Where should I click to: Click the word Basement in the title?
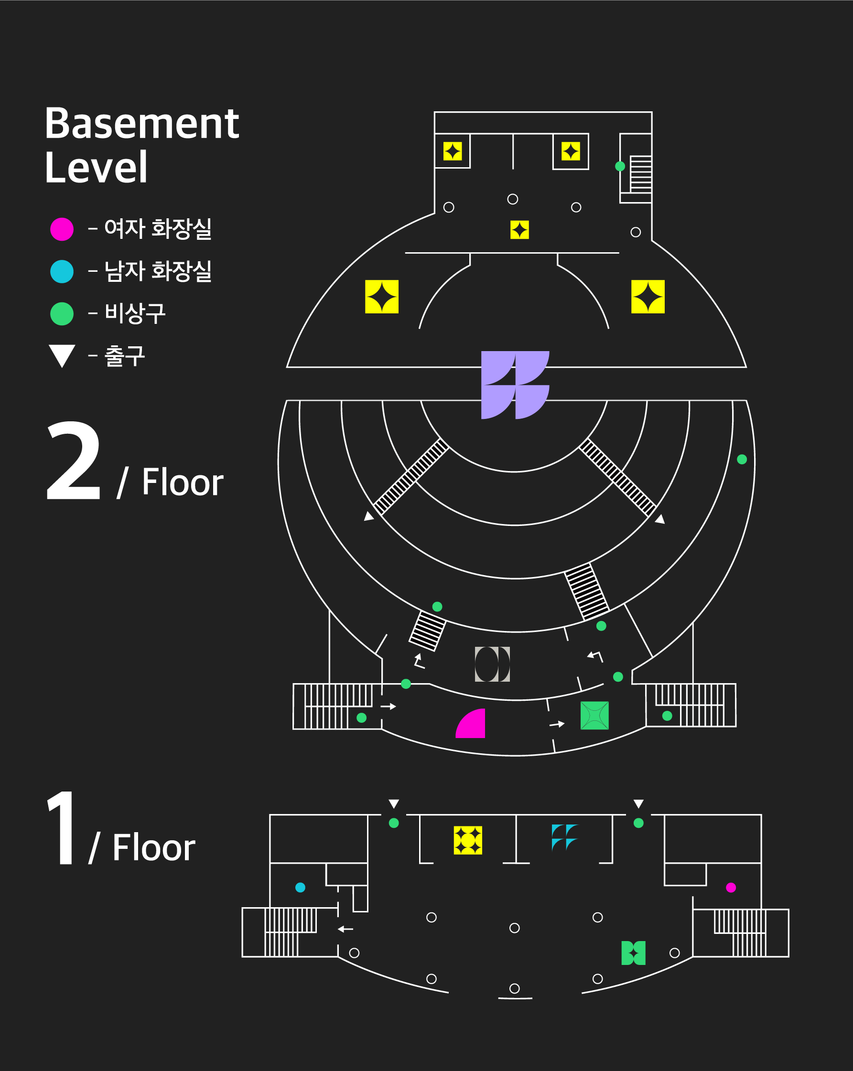(x=141, y=124)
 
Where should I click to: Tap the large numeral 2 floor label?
(x=74, y=461)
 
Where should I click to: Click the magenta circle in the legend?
(x=62, y=229)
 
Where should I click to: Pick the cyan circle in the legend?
(x=62, y=271)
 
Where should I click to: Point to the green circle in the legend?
(x=62, y=314)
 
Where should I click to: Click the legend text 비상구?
(x=135, y=314)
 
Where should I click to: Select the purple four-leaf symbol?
(x=515, y=385)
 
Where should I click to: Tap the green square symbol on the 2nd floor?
(x=594, y=715)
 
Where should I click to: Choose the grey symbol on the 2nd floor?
(x=492, y=664)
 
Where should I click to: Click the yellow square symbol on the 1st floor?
(x=467, y=840)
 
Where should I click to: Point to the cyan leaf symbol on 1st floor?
(x=564, y=837)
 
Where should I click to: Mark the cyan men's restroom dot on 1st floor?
(x=300, y=887)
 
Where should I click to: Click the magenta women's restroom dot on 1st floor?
(x=731, y=887)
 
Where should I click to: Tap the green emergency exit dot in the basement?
(x=620, y=166)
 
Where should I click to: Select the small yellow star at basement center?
(x=519, y=230)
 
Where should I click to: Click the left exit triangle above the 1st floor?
(x=394, y=803)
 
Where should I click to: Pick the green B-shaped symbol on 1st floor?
(x=633, y=953)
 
